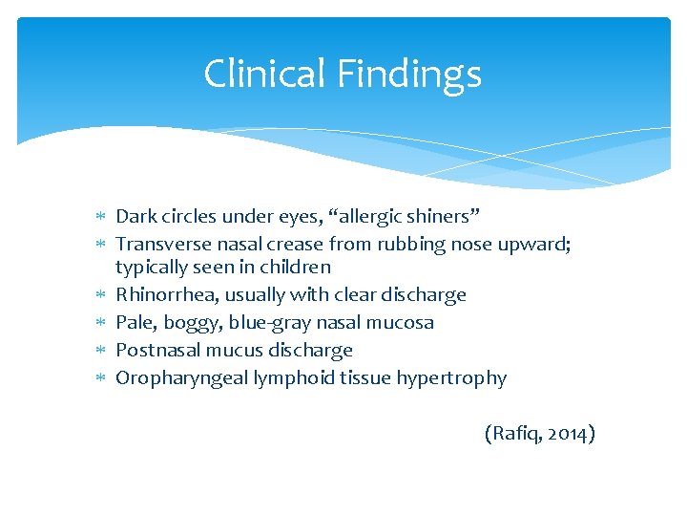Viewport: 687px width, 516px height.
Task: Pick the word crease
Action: pos(287,245)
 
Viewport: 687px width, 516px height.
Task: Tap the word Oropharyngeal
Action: pos(181,378)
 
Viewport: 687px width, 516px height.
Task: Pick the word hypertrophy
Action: pos(456,378)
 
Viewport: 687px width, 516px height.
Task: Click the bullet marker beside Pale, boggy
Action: pos(102,323)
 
